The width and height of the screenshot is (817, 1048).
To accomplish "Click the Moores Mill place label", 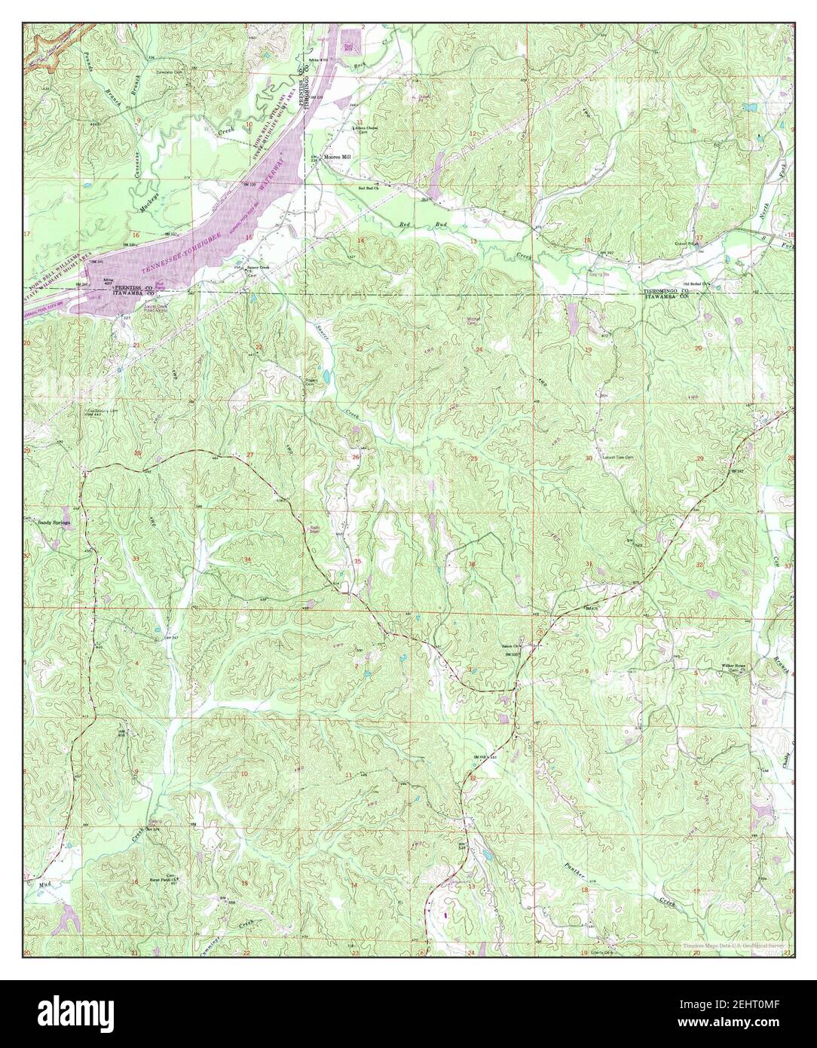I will [338, 158].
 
